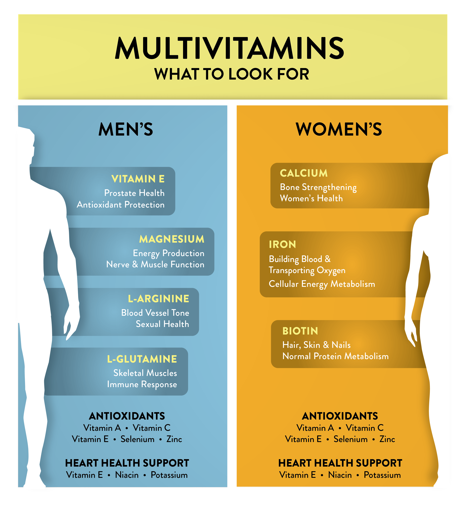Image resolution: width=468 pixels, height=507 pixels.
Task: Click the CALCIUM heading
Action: (x=304, y=173)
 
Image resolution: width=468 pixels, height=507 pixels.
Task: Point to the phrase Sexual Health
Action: (x=162, y=324)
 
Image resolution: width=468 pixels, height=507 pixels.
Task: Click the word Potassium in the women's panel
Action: (x=382, y=475)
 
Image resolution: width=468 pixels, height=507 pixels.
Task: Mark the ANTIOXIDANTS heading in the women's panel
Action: (x=340, y=416)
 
